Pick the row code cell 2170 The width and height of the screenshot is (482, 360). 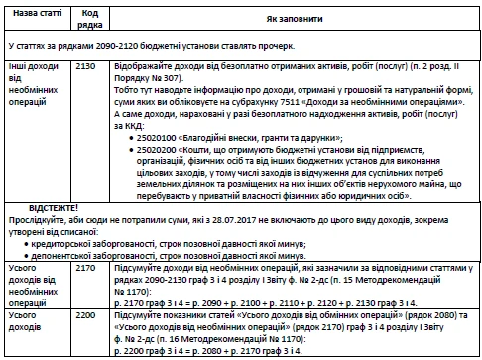click(85, 268)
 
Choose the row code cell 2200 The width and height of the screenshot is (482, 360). click(85, 314)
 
